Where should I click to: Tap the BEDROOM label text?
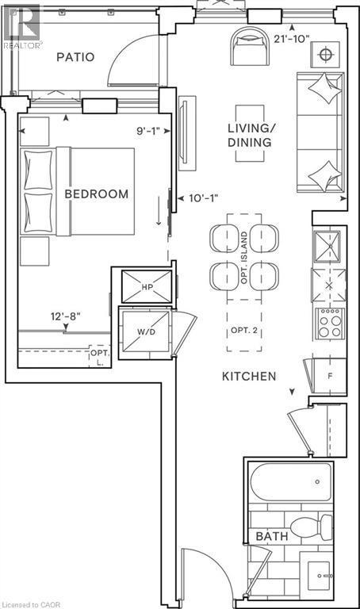pyautogui.click(x=97, y=194)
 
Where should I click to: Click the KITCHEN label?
pyautogui.click(x=249, y=376)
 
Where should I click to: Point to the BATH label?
pyautogui.click(x=271, y=537)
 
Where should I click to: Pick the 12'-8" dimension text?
pyautogui.click(x=66, y=317)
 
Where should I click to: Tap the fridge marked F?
pyautogui.click(x=328, y=376)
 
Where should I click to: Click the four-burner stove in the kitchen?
pyautogui.click(x=328, y=324)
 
